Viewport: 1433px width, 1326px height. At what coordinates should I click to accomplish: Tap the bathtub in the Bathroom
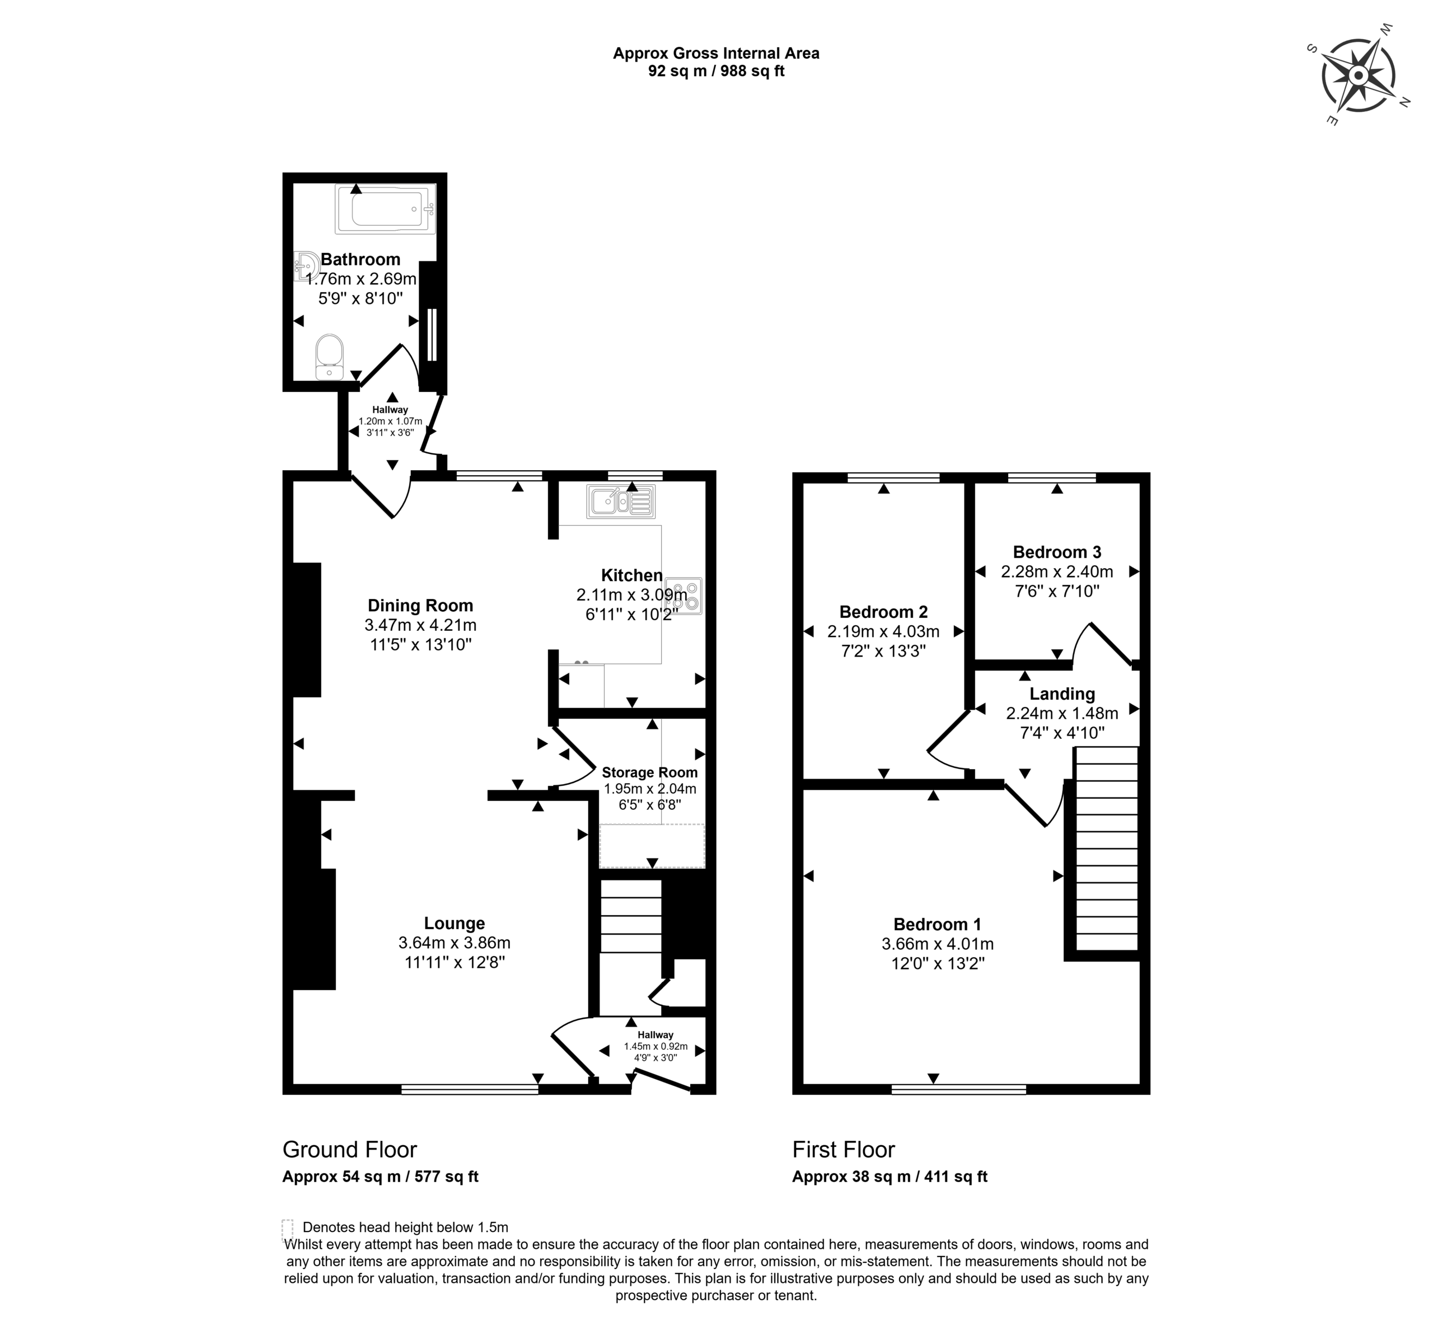click(385, 209)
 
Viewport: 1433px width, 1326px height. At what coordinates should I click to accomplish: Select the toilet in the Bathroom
click(329, 357)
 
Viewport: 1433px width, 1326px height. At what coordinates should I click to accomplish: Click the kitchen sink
click(621, 501)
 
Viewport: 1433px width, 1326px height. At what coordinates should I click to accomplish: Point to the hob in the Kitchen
click(683, 596)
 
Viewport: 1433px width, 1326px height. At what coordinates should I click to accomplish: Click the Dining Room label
click(420, 606)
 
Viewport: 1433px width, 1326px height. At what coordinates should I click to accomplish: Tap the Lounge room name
click(454, 924)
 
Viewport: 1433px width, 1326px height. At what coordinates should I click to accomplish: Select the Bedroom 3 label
click(1057, 552)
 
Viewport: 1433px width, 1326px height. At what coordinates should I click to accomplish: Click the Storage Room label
click(649, 773)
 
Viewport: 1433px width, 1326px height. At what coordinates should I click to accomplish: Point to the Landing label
click(1062, 694)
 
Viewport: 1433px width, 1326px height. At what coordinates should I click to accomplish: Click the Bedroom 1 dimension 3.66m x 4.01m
click(938, 944)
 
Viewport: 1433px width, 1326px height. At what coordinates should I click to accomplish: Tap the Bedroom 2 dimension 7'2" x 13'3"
click(883, 651)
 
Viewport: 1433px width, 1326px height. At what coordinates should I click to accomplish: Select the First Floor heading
click(844, 1150)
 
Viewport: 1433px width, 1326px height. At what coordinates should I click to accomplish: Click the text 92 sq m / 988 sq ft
click(716, 72)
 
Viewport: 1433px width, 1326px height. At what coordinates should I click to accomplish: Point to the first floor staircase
click(1107, 849)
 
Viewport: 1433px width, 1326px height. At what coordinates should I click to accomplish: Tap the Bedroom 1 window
click(959, 1089)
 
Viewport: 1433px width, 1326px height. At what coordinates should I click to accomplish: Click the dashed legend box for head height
click(288, 1227)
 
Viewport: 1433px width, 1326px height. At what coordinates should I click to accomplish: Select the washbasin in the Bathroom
click(305, 265)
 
